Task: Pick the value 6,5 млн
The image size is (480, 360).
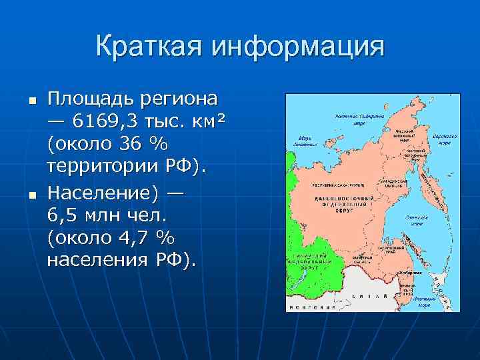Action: (84, 215)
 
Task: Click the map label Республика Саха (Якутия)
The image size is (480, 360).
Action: (338, 185)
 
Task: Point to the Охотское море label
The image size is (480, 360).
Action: (417, 220)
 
